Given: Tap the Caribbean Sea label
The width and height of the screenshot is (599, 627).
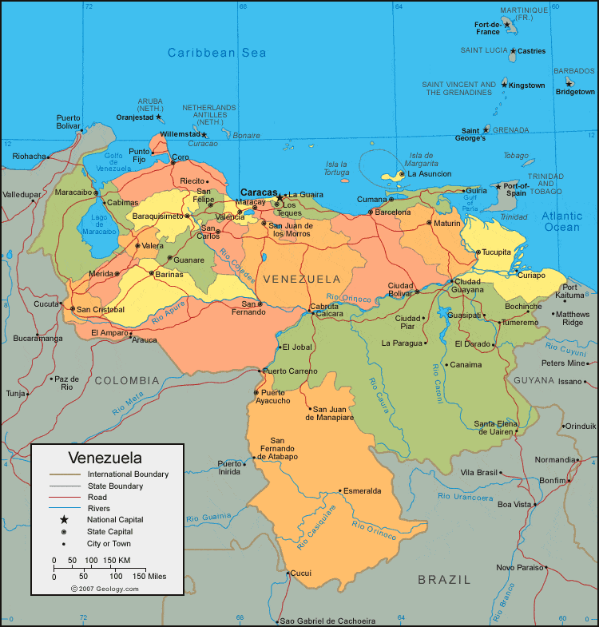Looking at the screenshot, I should click(x=216, y=53).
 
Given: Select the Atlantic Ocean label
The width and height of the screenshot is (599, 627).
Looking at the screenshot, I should click(x=562, y=221).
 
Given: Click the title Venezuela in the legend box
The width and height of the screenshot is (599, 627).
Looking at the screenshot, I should click(x=105, y=458).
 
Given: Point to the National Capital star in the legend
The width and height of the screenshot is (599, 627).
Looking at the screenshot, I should click(x=64, y=520).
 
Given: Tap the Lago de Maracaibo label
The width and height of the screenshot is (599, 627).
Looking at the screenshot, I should click(x=99, y=224).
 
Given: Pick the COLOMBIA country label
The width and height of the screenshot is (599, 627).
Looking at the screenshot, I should click(x=128, y=381).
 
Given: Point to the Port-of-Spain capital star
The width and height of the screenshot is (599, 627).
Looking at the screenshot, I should click(x=498, y=187).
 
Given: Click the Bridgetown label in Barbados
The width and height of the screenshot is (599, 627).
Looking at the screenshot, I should click(x=575, y=92).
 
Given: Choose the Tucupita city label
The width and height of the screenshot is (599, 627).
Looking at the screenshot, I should click(x=496, y=252).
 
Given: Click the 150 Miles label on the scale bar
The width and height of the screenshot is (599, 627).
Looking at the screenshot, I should click(x=150, y=576).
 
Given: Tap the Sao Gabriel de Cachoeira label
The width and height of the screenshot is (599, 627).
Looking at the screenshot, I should click(x=328, y=621).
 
